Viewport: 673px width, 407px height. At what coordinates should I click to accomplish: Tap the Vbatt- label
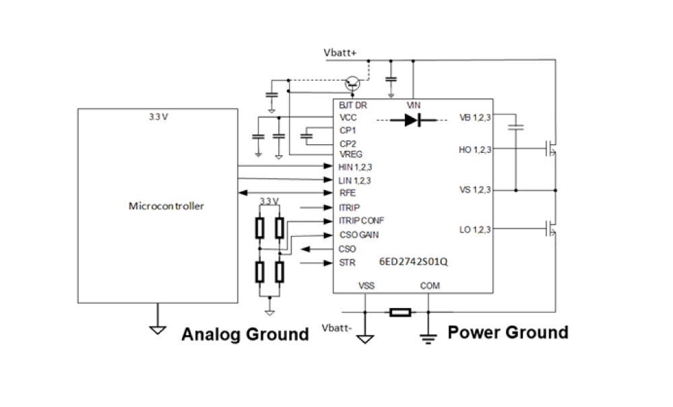(337, 328)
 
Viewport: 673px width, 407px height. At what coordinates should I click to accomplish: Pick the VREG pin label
(351, 154)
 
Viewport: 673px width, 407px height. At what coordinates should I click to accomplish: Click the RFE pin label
(347, 193)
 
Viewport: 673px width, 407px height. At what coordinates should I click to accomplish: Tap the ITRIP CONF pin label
(362, 220)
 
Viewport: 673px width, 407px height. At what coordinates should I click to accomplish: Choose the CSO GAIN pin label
(358, 234)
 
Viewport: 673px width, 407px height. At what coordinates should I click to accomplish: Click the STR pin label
(347, 263)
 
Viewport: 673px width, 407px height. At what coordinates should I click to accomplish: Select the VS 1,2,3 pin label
(475, 190)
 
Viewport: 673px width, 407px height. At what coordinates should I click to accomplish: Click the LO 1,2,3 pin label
(475, 230)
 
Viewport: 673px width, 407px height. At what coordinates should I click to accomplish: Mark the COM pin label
(430, 286)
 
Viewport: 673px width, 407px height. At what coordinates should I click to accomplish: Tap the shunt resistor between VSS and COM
(400, 312)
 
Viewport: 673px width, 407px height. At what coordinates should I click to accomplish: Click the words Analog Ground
(245, 334)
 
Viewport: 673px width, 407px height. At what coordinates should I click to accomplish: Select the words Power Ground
(508, 332)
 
